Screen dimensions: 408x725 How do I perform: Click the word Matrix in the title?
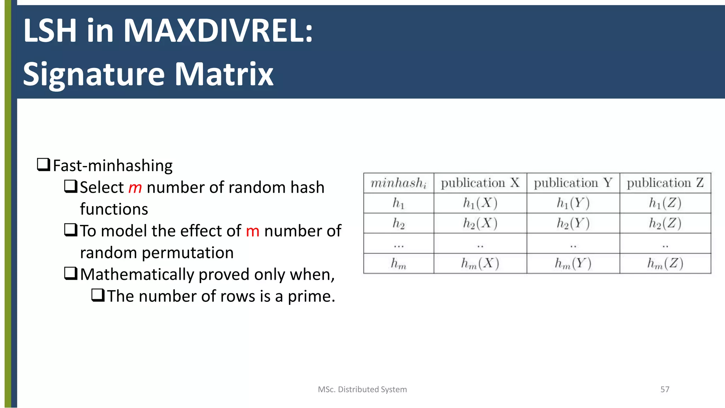pos(224,74)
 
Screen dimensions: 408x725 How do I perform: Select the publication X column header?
pos(480,183)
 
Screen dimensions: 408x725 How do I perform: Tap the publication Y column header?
pos(573,183)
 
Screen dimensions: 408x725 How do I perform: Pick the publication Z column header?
pos(665,183)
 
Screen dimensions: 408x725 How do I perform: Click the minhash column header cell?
pos(398,183)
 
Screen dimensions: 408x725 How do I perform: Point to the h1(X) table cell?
pos(480,203)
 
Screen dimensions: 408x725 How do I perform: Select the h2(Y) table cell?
pos(573,223)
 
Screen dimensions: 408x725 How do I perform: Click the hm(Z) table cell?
pos(665,263)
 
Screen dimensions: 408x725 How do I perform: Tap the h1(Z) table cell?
pos(665,203)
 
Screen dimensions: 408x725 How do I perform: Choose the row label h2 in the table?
pos(398,223)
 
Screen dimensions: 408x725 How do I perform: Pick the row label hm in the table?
pos(398,263)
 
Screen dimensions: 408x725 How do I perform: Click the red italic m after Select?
pos(135,188)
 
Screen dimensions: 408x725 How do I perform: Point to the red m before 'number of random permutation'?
pos(252,231)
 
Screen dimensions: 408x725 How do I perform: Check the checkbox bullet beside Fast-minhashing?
pos(44,165)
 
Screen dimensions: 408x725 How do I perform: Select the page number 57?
pos(665,389)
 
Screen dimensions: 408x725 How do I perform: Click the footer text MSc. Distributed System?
pos(362,389)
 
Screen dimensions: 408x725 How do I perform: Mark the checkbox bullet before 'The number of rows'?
pos(98,295)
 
